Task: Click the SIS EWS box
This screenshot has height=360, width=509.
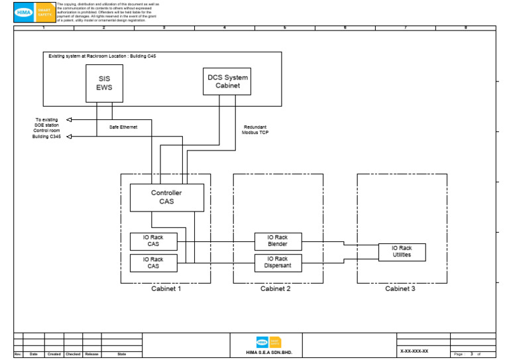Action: click(104, 84)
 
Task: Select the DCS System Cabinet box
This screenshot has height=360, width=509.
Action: click(227, 82)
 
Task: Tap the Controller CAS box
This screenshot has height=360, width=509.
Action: click(166, 198)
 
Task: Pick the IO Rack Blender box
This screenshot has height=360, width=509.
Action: click(278, 241)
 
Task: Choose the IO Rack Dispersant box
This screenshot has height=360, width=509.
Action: click(278, 263)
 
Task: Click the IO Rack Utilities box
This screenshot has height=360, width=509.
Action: click(402, 252)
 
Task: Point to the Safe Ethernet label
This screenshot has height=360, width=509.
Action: click(123, 127)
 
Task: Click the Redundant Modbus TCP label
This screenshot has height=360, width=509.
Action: click(255, 130)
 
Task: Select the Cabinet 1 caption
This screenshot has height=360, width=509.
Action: click(165, 289)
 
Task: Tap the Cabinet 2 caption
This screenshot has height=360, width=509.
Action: click(275, 289)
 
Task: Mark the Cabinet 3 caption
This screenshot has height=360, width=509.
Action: click(400, 289)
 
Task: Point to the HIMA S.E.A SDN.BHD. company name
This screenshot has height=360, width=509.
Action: click(268, 352)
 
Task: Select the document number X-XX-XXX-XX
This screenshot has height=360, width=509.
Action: click(414, 351)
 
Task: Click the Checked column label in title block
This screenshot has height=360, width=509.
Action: click(73, 354)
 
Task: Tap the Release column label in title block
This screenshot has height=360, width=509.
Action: click(91, 354)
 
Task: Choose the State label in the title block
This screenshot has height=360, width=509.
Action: click(122, 354)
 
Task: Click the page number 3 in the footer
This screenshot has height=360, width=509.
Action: click(472, 354)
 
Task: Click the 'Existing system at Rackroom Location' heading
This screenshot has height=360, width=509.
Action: click(102, 56)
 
